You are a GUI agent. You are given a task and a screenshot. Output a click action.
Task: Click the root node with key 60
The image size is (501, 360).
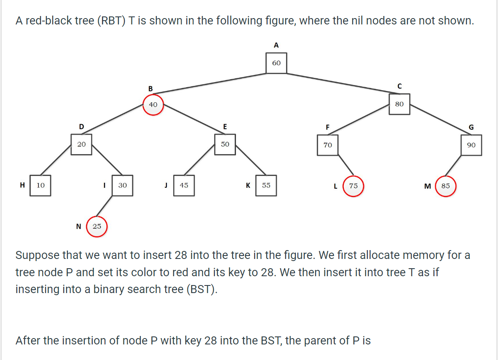276,63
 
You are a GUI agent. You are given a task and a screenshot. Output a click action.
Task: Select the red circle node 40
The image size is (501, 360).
153,104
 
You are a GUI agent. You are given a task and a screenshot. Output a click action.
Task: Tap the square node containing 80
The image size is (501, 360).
399,104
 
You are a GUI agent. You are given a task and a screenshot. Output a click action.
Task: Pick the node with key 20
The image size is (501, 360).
81,144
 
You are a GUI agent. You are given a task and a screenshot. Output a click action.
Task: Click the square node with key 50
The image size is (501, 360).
225,144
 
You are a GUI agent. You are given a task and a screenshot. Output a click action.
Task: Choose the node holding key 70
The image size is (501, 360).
327,145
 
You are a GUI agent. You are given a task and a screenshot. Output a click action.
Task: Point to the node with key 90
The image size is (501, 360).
471,145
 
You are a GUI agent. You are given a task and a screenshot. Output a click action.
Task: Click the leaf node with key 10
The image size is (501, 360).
40,185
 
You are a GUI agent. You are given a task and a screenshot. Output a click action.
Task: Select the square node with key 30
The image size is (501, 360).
122,185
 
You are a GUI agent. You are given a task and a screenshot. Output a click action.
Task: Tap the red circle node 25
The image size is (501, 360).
97,227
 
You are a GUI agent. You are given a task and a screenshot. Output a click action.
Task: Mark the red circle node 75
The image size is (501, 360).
353,186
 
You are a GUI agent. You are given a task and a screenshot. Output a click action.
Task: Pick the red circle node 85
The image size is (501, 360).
445,186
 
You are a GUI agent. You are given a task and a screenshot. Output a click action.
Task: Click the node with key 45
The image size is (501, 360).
184,185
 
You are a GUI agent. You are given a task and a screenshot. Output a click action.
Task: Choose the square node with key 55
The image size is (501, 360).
266,185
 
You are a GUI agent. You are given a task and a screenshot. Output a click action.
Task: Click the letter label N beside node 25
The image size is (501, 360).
78,227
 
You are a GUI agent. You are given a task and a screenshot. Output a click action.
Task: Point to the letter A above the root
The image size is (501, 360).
276,45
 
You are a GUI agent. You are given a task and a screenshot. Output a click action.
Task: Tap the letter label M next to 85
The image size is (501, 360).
427,186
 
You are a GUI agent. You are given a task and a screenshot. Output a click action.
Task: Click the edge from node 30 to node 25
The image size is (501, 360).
109,207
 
